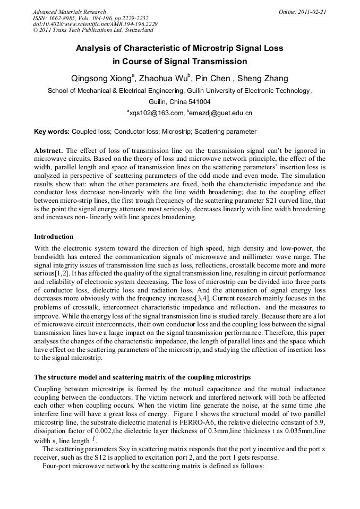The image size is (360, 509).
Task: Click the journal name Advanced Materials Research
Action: coord(69,12)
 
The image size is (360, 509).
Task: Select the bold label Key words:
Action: coord(52,132)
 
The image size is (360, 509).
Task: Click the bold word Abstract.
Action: coord(48,151)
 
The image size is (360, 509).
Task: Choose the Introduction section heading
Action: coord(54,237)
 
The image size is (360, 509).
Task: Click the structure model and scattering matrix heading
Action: coord(142,378)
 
